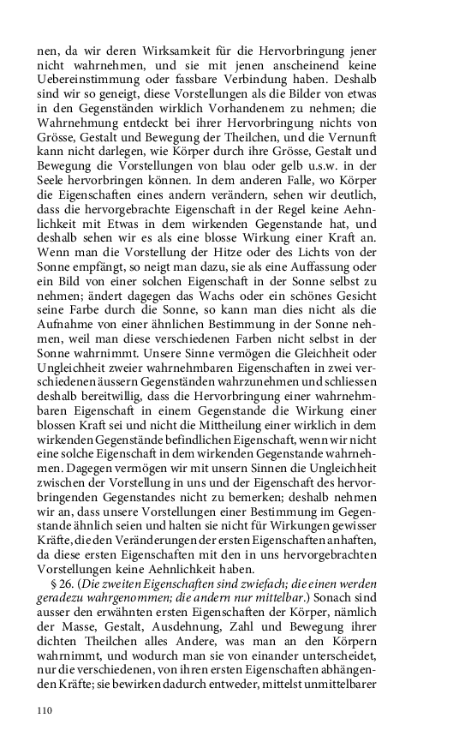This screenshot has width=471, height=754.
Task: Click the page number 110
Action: click(x=45, y=710)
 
